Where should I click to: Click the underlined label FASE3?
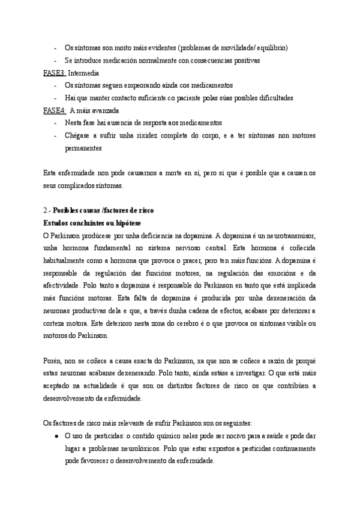pyautogui.click(x=55, y=73)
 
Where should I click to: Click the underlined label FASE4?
pyautogui.click(x=55, y=110)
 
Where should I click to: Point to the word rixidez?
pyautogui.click(x=147, y=136)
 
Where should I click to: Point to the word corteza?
pyautogui.click(x=57, y=324)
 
